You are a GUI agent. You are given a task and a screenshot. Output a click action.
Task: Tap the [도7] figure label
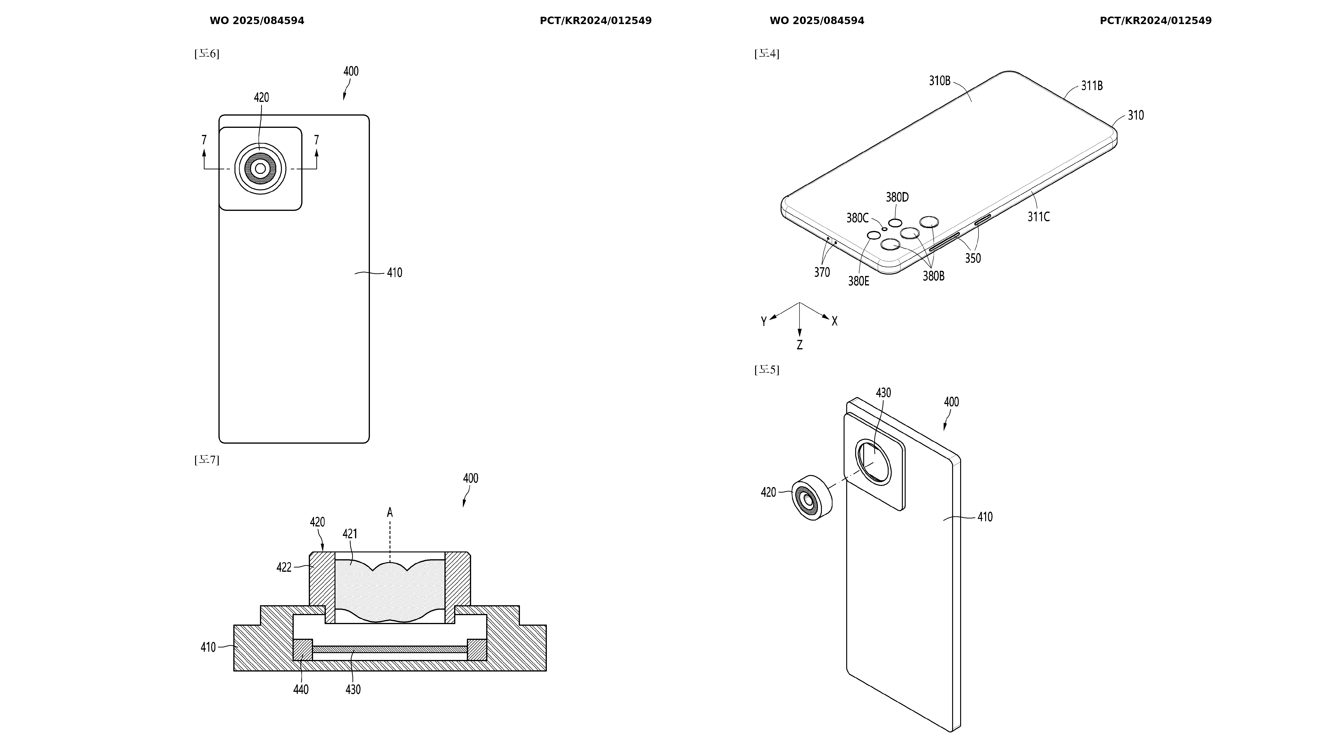tap(207, 460)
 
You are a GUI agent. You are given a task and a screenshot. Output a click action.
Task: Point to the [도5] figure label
tap(766, 370)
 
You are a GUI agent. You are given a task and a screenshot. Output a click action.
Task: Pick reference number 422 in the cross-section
tap(284, 567)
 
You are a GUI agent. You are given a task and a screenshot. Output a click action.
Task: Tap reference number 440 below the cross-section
tap(301, 689)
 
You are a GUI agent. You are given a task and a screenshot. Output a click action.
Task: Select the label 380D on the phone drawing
tap(897, 197)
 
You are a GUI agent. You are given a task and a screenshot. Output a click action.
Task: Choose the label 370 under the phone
tap(822, 272)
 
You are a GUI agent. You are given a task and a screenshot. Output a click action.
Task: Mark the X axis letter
tap(834, 321)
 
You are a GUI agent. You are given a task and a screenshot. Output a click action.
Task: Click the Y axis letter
tap(763, 321)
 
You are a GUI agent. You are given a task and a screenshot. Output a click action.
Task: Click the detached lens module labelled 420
tap(811, 497)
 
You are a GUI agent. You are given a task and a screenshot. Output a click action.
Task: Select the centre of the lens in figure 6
tap(260, 168)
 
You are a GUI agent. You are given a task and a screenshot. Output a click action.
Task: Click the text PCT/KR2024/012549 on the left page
tap(595, 21)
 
